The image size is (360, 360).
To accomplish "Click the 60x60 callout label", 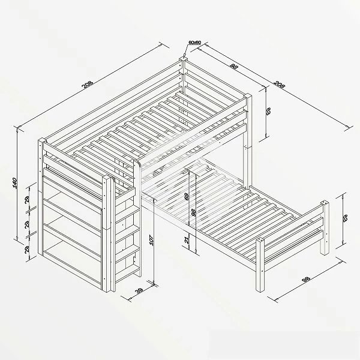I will (x=194, y=42).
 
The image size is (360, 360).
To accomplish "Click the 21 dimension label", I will (x=187, y=241).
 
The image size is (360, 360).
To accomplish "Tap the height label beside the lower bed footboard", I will (x=345, y=220).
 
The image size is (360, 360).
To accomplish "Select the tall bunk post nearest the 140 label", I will (x=42, y=198).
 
